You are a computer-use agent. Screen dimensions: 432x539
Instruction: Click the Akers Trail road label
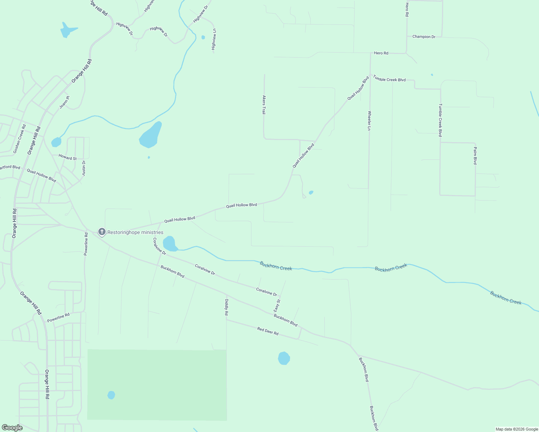pos(264,105)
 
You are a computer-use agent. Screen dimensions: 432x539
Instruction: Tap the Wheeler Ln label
pos(369,121)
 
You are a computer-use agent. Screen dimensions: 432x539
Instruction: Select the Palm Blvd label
pos(475,156)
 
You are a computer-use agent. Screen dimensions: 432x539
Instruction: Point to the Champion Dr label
pos(424,37)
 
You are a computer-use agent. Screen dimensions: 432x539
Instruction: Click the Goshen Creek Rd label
pos(19,139)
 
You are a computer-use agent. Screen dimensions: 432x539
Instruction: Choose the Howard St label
pos(67,158)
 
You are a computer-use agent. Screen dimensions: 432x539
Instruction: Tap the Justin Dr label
pos(84,168)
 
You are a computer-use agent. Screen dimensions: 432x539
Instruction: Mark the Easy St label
pos(277,306)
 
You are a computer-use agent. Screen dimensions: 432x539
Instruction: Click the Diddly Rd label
pos(227,307)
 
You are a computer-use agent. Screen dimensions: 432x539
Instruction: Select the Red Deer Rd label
pos(268,331)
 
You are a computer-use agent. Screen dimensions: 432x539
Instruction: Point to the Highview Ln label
pos(214,39)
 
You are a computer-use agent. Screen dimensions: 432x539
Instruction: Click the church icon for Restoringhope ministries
pos(102,232)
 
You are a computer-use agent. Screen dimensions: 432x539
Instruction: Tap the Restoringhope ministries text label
pos(135,233)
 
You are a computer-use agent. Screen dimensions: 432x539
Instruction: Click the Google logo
pos(12,428)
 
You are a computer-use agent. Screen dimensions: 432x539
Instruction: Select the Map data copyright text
pos(517,429)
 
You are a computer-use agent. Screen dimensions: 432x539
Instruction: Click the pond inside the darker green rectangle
pos(111,395)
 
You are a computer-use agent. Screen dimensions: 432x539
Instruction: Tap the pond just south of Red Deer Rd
pos(284,358)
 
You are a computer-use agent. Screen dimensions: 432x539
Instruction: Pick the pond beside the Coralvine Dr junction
pos(169,243)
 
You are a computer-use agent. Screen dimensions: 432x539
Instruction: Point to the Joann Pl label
pos(64,102)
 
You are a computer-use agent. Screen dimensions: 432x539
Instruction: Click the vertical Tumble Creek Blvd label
pos(440,120)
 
